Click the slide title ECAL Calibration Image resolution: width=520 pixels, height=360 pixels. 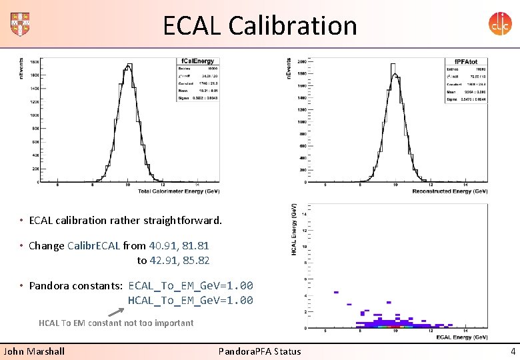(260, 25)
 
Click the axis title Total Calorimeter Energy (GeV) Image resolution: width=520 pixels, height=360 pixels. (178, 192)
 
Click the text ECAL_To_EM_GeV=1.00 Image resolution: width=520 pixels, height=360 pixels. (190, 285)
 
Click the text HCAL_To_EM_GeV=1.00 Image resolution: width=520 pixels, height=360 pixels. (190, 300)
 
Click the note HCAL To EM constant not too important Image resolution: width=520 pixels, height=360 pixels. (116, 323)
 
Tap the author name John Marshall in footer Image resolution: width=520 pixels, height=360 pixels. (35, 351)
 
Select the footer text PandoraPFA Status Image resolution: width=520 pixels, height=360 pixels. (259, 351)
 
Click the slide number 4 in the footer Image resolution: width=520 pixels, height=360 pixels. (512, 351)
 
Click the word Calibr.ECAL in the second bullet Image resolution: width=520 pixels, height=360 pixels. (94, 245)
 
